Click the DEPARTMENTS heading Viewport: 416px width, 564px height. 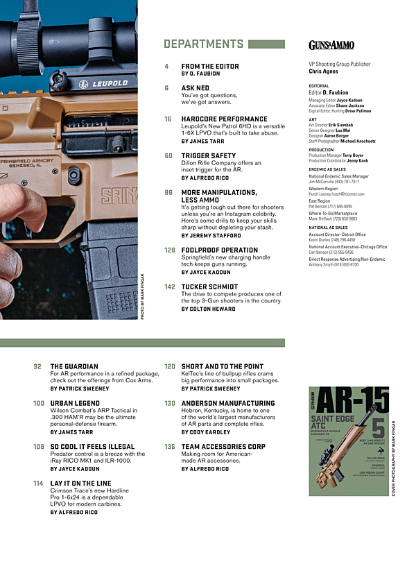click(203, 44)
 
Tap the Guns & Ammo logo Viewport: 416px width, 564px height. click(331, 45)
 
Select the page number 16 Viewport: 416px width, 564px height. click(168, 119)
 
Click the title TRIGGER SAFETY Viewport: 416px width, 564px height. click(209, 156)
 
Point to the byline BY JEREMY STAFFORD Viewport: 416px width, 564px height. click(216, 236)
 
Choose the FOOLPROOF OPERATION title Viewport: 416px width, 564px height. click(219, 250)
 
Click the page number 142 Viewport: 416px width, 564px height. click(169, 287)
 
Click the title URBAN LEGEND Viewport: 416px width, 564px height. click(76, 403)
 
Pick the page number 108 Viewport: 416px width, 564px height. click(38, 447)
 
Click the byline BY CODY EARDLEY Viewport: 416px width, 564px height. click(207, 432)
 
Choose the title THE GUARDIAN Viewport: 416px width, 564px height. click(74, 366)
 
